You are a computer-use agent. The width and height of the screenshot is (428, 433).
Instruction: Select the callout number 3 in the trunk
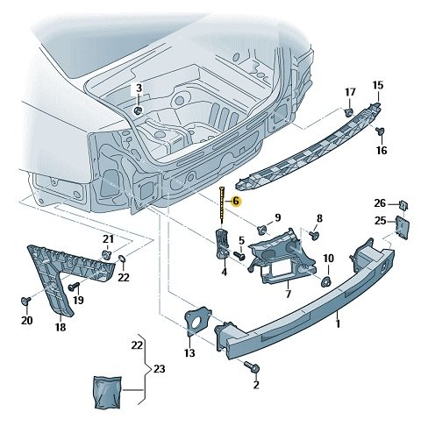tap(139, 89)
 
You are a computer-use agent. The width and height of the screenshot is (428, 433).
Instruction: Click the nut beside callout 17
tap(349, 112)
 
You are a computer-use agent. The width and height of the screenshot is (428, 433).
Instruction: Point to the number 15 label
tap(378, 85)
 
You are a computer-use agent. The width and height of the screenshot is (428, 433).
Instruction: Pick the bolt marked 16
tap(380, 131)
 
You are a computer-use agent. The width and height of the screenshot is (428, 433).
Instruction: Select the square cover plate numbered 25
tap(403, 226)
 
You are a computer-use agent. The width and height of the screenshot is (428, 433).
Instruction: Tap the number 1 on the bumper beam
tap(339, 323)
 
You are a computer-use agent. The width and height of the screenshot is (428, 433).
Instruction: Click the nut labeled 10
tap(324, 281)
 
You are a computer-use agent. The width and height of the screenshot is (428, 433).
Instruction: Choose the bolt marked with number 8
tap(314, 236)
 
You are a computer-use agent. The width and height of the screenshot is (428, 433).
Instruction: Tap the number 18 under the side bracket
tap(60, 327)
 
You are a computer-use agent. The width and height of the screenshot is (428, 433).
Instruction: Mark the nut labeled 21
tap(106, 254)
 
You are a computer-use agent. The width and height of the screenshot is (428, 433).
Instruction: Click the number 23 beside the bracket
tap(158, 370)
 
